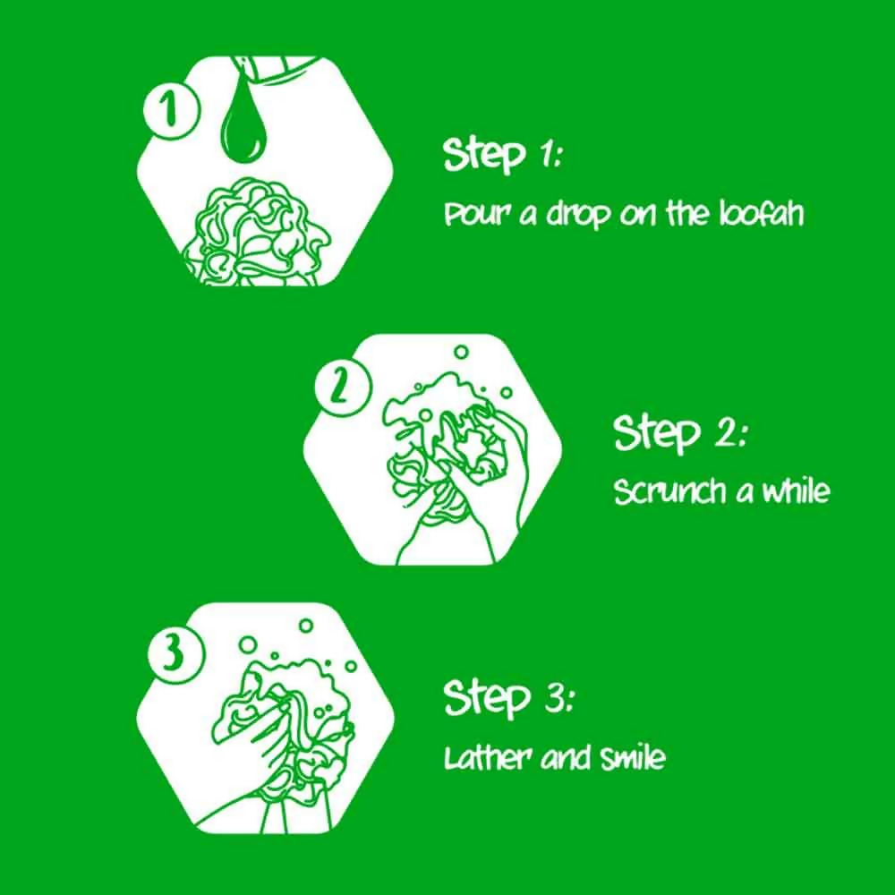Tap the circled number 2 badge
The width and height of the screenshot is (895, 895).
[x=341, y=387]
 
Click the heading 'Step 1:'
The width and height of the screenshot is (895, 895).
[x=503, y=154]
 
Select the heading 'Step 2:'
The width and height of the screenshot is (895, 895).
[x=679, y=432]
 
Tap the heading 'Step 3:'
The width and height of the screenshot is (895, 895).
[x=508, y=698]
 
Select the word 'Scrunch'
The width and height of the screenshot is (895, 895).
[x=669, y=491]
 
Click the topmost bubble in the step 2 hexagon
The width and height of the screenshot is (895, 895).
[x=461, y=352]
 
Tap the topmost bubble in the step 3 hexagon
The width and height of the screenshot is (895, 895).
[x=306, y=626]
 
